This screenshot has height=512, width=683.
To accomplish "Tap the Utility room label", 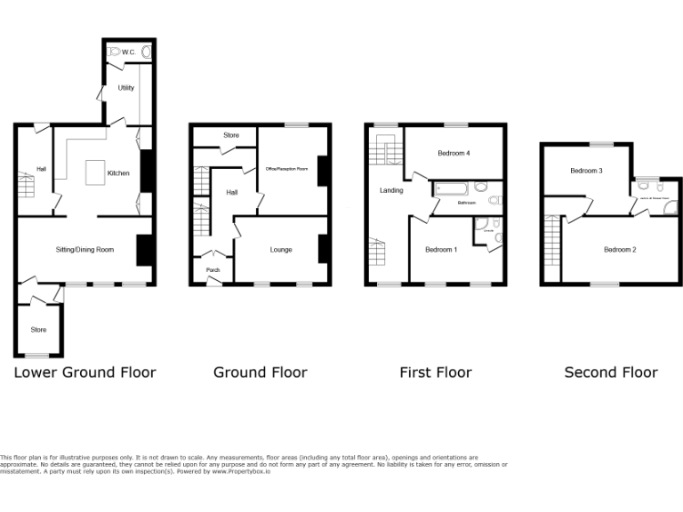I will coord(125,88).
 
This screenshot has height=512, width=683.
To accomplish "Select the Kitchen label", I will coord(119,173).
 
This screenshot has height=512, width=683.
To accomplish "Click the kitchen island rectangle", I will coord(94,172).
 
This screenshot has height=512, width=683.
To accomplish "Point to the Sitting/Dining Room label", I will coord(84,250).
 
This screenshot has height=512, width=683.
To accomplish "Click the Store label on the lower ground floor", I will coord(38,330).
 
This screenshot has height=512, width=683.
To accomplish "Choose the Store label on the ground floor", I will coord(231,135).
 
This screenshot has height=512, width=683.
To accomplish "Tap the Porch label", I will coord(213,270).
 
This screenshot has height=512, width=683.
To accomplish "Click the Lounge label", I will coord(281,250).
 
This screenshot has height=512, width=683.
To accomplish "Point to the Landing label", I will coord(391,190).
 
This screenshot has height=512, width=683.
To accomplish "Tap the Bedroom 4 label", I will coord(454,153).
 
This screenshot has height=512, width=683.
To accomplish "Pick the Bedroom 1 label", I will coord(440,250).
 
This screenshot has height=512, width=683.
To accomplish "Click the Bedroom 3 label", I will coord(587,171).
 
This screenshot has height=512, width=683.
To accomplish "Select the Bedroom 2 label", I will coord(620,250).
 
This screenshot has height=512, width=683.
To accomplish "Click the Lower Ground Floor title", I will coord(84,372).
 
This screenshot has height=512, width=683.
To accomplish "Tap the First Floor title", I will coord(436,372).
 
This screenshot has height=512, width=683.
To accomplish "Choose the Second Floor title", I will coord(611,372).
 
